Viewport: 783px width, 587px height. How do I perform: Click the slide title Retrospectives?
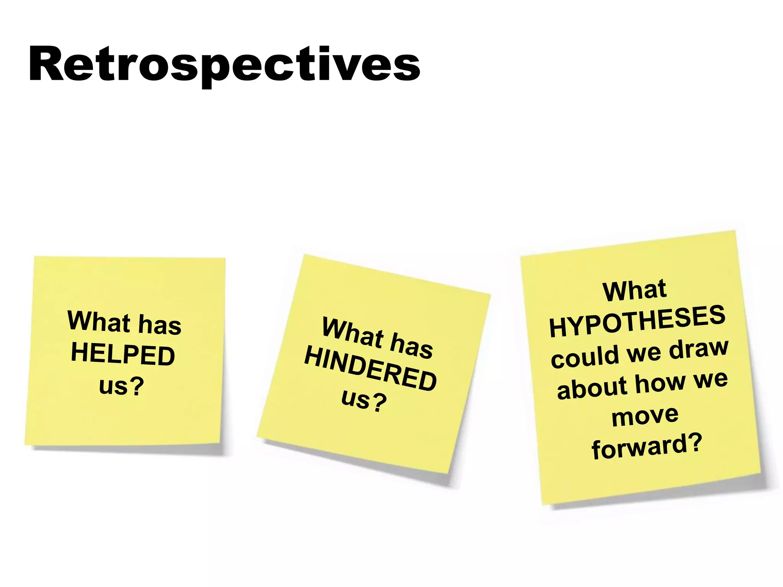[x=224, y=65]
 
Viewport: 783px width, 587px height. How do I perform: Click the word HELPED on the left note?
[x=123, y=354]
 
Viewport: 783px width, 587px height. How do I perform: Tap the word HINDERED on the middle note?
[x=370, y=369]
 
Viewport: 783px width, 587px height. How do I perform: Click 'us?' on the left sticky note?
[x=121, y=386]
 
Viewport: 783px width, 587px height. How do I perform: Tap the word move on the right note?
[x=645, y=416]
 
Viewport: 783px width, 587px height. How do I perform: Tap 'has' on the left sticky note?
[x=159, y=325]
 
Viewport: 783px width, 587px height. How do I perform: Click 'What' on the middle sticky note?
[x=352, y=332]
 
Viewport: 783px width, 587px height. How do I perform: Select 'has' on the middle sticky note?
[x=411, y=345]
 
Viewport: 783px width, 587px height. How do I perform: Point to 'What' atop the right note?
[x=634, y=291]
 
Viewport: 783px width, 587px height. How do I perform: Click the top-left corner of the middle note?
[x=304, y=256]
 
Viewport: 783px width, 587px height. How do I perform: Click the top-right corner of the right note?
[x=734, y=232]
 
